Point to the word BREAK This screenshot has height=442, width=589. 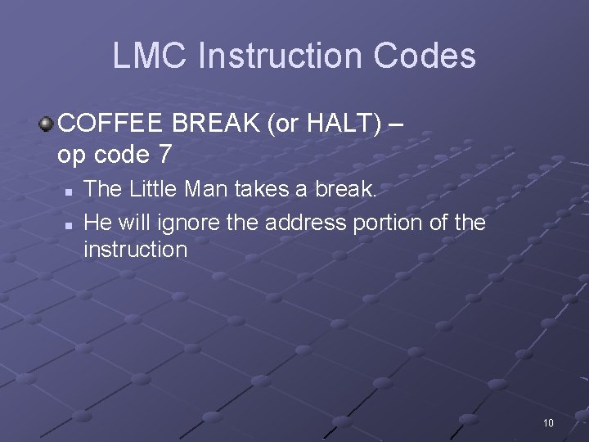click(x=215, y=124)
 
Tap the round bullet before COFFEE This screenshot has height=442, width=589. click(x=47, y=124)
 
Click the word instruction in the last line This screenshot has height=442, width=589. click(x=135, y=249)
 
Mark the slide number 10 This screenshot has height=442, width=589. click(x=548, y=422)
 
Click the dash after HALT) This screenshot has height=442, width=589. click(x=396, y=124)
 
